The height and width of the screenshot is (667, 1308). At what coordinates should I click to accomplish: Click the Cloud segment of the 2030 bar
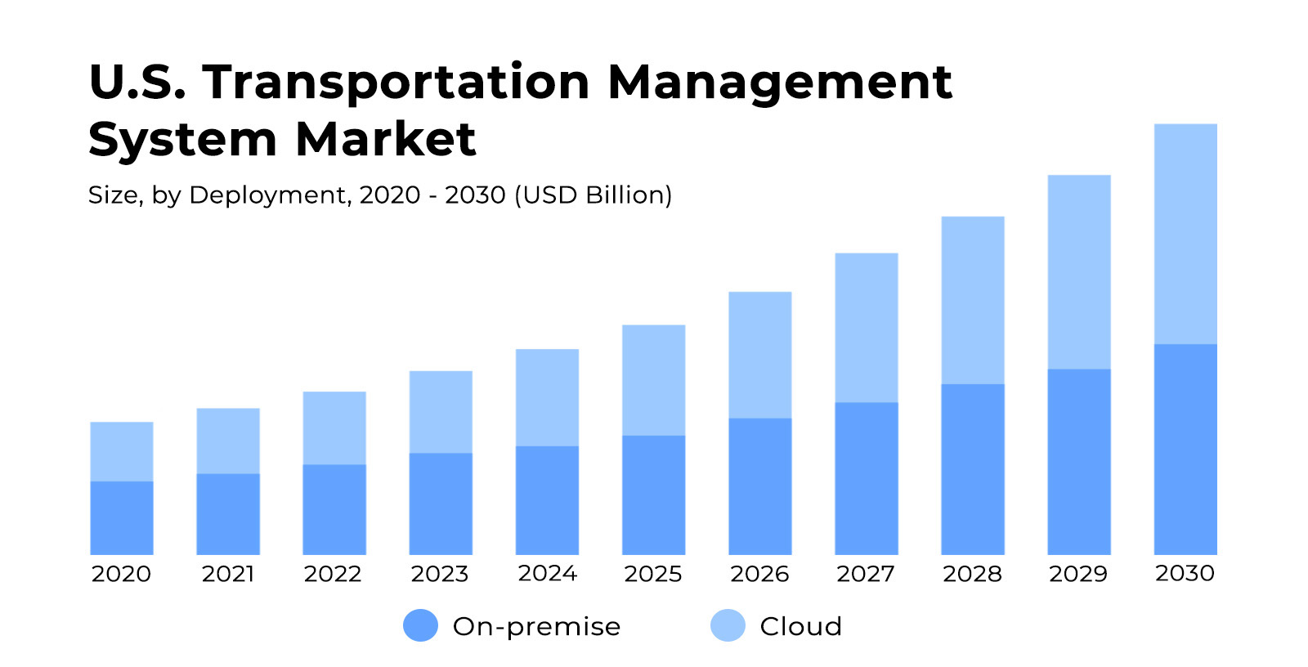coord(1185,234)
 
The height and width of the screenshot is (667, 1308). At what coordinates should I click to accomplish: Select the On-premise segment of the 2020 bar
coord(122,517)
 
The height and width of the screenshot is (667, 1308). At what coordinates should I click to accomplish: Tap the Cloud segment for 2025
coord(653,380)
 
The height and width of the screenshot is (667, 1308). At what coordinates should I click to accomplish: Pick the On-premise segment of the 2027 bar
coord(866,478)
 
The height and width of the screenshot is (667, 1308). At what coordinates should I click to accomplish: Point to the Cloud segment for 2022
coord(334,428)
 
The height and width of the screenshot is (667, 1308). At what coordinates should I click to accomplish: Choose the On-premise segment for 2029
coord(1078,462)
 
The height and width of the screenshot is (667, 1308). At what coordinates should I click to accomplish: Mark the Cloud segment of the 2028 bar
coord(972,300)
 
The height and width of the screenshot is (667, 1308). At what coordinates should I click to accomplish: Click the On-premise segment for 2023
coord(441,504)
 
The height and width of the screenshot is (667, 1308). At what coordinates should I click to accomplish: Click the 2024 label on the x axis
coord(547,573)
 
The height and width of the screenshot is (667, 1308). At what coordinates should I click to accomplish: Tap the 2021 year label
coord(228,574)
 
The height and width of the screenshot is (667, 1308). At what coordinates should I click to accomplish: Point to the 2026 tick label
coord(759,574)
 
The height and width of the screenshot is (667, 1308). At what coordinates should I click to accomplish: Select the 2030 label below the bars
coord(1185,573)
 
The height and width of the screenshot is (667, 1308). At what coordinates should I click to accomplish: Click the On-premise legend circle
coord(420,625)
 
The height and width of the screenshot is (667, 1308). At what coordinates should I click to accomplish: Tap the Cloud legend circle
coord(728,625)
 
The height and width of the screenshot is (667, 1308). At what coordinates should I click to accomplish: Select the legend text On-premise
coord(536,626)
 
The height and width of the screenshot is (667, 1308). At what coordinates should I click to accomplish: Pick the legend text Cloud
coord(800,626)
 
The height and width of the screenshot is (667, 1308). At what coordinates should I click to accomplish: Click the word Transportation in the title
coord(396,83)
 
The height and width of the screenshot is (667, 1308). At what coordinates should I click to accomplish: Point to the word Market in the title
coord(385,140)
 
